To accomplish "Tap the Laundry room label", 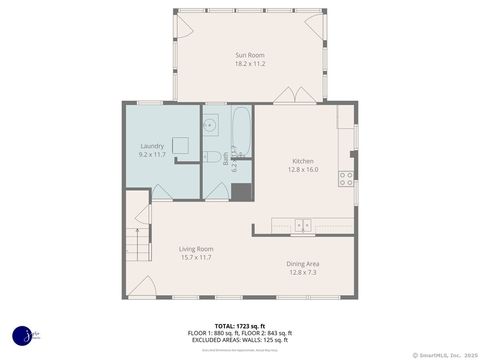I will click(152, 146).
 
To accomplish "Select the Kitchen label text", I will click(303, 161).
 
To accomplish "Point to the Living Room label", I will click(197, 248).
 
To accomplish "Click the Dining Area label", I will click(304, 263).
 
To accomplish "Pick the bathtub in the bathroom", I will click(243, 129).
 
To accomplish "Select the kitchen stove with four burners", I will click(346, 179).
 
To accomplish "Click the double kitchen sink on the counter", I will click(303, 225).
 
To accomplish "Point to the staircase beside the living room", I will click(133, 241).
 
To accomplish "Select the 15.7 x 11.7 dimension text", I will click(197, 258).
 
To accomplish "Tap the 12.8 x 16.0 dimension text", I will click(303, 170).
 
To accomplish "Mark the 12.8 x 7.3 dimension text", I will click(304, 272).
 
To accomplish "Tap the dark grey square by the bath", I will click(239, 190).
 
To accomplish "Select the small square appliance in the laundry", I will click(180, 145).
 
